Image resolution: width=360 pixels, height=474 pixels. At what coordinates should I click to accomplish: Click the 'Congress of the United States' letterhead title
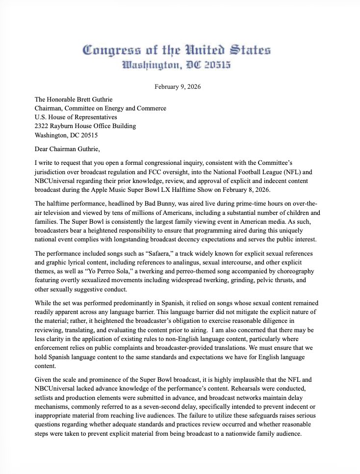point(177,50)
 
